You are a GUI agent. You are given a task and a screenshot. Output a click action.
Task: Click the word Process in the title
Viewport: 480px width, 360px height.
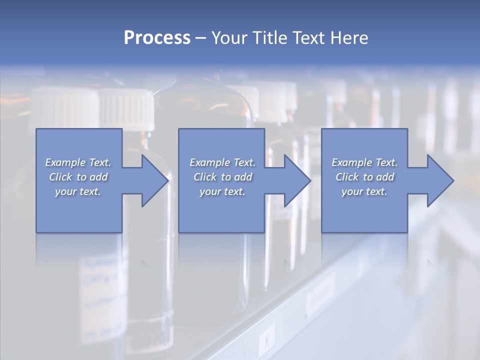(157, 38)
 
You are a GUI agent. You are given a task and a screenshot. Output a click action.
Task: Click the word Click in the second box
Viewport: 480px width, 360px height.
(205, 177)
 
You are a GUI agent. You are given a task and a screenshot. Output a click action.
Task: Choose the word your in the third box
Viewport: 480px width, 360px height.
(352, 191)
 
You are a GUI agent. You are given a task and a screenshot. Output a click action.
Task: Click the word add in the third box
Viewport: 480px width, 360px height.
(385, 177)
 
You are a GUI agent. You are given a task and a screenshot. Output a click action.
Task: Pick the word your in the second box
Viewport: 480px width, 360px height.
(210, 191)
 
